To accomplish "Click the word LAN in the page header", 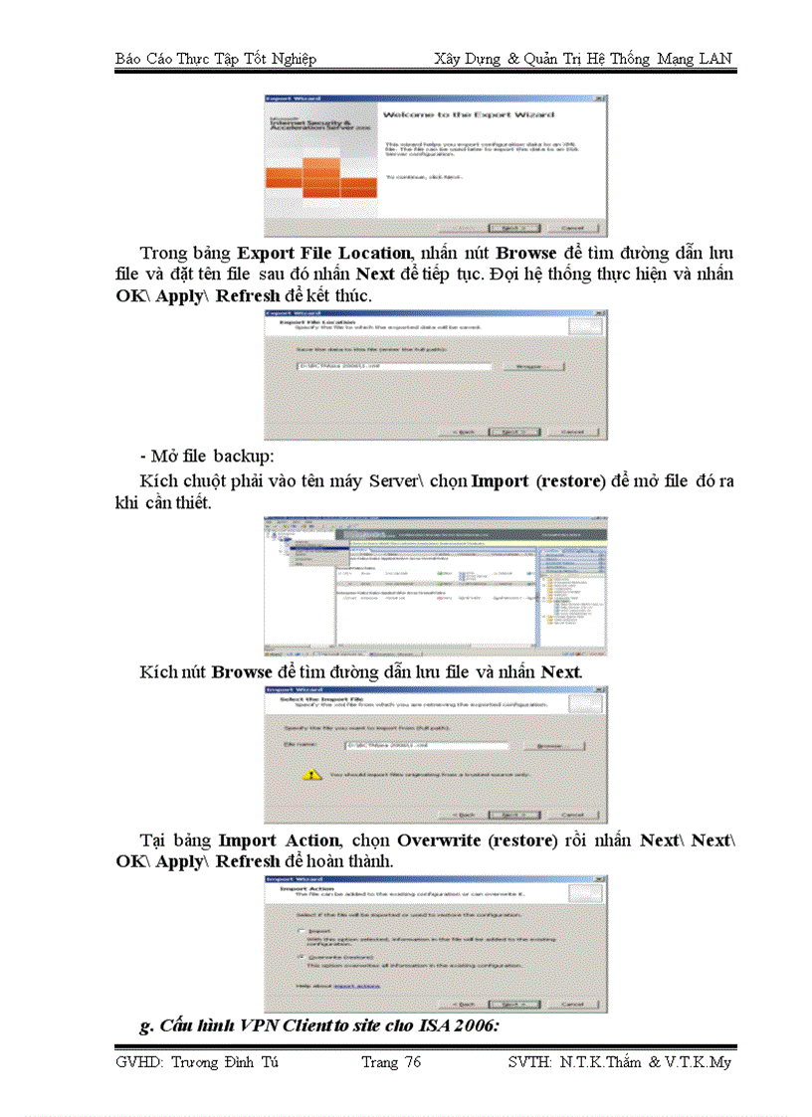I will pyautogui.click(x=713, y=59).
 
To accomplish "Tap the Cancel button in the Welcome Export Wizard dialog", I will pyautogui.click(x=572, y=227).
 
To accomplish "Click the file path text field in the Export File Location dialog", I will pyautogui.click(x=394, y=366).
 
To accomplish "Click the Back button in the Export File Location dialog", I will pyautogui.click(x=467, y=432).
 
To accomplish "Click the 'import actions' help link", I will pyautogui.click(x=356, y=987).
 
